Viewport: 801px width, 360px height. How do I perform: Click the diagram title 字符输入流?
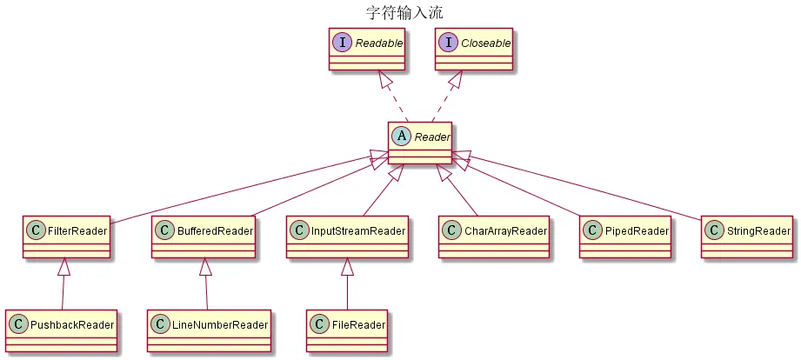coord(399,11)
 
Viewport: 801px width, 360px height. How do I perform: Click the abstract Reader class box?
coord(420,143)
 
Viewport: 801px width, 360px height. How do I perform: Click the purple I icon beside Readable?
coord(343,42)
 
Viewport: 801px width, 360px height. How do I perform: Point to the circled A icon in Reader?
coord(402,137)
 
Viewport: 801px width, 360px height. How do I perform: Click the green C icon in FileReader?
coord(321,324)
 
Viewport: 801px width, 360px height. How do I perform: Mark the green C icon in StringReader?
coord(714,230)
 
